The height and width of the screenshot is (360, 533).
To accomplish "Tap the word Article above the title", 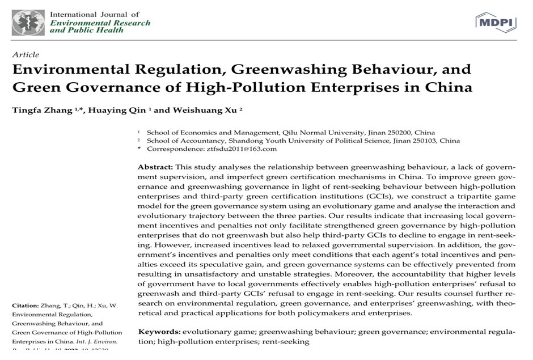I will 26,55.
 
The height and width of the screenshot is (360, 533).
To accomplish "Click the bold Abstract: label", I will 155,167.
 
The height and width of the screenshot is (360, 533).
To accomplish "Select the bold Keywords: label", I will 159,331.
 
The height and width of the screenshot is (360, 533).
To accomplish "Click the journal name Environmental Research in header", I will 100,23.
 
